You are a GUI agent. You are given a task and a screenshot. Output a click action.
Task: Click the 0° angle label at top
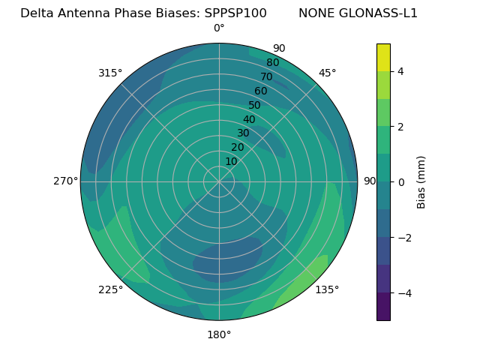pyautogui.click(x=219, y=28)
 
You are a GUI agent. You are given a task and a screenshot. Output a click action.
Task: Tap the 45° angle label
pyautogui.click(x=327, y=73)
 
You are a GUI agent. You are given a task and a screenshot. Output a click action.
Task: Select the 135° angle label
pyautogui.click(x=327, y=289)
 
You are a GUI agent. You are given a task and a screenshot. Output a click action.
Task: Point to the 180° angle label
pyautogui.click(x=219, y=334)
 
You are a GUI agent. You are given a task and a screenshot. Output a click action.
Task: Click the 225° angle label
pyautogui.click(x=110, y=290)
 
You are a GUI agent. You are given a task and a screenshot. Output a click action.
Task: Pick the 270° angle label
pyautogui.click(x=66, y=181)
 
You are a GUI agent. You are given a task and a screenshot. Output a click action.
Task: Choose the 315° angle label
pyautogui.click(x=110, y=73)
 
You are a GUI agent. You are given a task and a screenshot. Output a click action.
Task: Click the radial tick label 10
pyautogui.click(x=231, y=161)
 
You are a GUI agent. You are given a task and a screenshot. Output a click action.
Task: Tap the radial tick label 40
pyautogui.click(x=249, y=119)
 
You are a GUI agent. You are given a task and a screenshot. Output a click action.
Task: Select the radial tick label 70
pyautogui.click(x=266, y=76)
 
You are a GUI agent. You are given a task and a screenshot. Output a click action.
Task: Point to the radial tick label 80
pyautogui.click(x=272, y=62)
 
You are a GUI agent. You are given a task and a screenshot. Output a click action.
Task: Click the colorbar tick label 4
pyautogui.click(x=400, y=71)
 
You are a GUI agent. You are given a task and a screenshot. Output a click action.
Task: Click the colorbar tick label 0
pyautogui.click(x=400, y=182)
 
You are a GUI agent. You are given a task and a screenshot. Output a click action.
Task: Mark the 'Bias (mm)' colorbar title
pyautogui.click(x=421, y=182)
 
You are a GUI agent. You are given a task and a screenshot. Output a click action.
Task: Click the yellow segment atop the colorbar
pyautogui.click(x=383, y=57)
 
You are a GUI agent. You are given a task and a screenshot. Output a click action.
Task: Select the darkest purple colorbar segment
pyautogui.click(x=383, y=307)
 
